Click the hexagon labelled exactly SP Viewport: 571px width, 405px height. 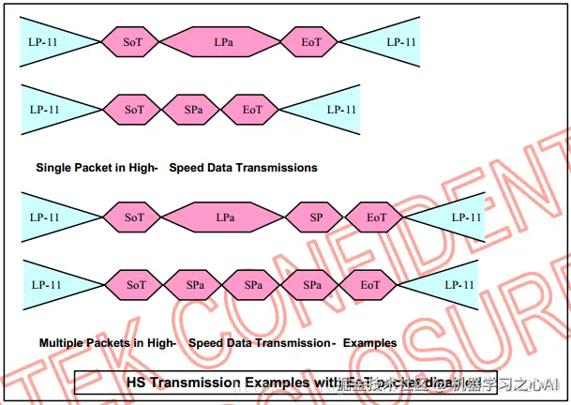[x=316, y=217]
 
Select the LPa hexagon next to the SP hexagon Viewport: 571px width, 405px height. [x=225, y=217]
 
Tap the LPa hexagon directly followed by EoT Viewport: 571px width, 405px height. [x=223, y=41]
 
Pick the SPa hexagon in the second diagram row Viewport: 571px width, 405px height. [x=194, y=110]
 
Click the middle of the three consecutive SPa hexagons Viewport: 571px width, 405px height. [x=254, y=284]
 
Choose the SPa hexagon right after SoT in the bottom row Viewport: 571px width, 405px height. [x=195, y=284]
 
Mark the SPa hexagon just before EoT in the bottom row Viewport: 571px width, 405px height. [x=313, y=284]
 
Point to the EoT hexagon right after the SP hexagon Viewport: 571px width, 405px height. [x=376, y=217]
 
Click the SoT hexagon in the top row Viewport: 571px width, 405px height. [x=134, y=41]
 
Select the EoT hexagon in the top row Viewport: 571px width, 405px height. [x=311, y=41]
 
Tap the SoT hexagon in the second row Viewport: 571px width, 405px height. [x=134, y=110]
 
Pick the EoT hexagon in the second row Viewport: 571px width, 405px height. [x=252, y=110]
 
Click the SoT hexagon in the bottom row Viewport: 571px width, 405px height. [x=136, y=284]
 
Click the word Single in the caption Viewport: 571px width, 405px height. [x=53, y=168]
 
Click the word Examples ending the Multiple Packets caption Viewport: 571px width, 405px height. [x=369, y=343]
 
